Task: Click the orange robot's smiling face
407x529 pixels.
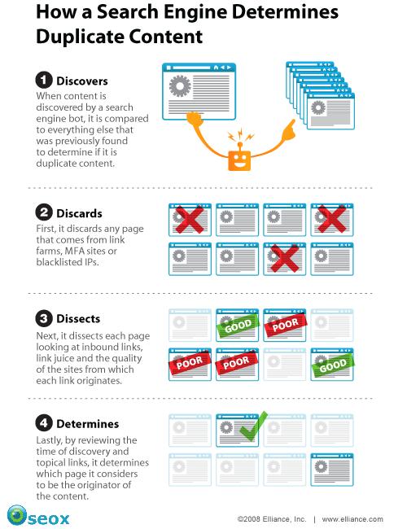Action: (239, 160)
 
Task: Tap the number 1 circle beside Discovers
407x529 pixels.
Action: (44, 81)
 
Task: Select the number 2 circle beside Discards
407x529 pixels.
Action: (44, 213)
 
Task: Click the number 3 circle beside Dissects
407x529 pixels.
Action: (44, 318)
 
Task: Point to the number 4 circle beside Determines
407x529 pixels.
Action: (44, 423)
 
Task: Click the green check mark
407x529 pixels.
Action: (253, 426)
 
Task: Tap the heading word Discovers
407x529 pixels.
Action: (82, 81)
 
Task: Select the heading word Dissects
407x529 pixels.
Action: (78, 318)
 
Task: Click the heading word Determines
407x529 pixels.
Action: (87, 424)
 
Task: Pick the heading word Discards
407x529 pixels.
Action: (79, 213)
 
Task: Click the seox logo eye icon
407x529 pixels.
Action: (17, 515)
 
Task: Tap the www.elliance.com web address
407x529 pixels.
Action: (352, 519)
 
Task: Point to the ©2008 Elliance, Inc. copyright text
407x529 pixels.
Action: (272, 519)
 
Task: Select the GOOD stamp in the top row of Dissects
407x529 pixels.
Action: (238, 326)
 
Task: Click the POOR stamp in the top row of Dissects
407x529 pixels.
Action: (286, 325)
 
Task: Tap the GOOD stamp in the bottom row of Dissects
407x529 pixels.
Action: (333, 365)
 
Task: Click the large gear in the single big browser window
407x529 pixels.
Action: (180, 86)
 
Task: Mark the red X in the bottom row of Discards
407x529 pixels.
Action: (285, 259)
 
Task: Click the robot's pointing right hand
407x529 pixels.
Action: (289, 130)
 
